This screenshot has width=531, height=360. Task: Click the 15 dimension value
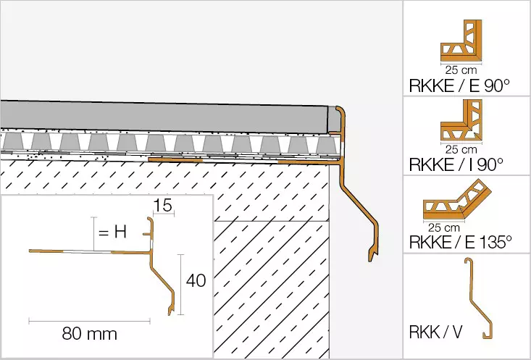coord(164,207)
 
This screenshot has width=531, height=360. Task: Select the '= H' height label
coord(114,233)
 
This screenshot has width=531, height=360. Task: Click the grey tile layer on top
coord(167,118)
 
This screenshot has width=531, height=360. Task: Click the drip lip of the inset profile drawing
coord(171,311)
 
